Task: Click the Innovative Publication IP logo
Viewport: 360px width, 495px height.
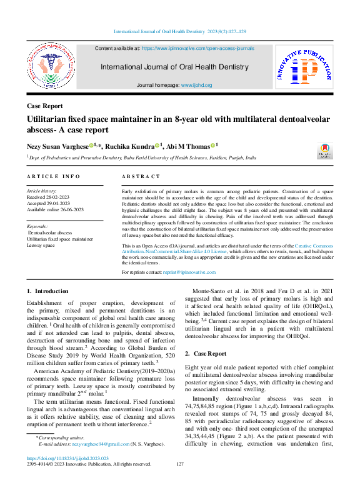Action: pyautogui.click(x=303, y=64)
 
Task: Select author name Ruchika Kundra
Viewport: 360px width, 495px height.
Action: pyautogui.click(x=129, y=146)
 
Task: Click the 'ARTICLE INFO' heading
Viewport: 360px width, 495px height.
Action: pyautogui.click(x=53, y=177)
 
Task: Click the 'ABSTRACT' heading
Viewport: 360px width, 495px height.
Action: pyautogui.click(x=141, y=177)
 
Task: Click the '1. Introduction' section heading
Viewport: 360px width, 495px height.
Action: pyautogui.click(x=47, y=291)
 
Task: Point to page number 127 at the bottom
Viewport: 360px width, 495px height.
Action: pyautogui.click(x=180, y=464)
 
